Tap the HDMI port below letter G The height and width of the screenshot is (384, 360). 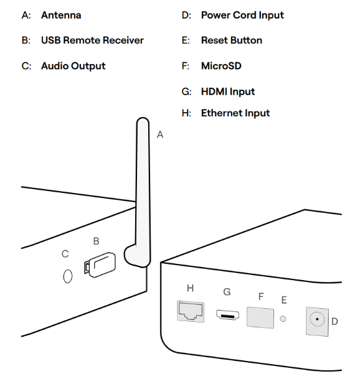227,315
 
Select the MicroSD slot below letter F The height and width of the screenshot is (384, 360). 260,317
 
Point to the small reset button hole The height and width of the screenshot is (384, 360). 285,319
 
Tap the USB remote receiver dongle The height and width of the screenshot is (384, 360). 99,264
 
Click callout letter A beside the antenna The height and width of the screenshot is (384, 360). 160,134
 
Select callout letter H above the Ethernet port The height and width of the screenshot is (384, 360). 190,288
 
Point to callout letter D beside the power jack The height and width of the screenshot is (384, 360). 334,322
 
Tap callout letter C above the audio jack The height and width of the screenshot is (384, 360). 65,254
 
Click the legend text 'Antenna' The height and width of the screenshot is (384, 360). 61,14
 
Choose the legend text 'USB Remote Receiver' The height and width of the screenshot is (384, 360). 92,40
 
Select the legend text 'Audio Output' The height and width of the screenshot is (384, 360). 73,66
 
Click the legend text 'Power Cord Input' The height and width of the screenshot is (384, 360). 242,14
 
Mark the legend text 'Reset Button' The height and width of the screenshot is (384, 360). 231,40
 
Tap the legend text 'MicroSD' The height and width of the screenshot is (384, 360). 221,66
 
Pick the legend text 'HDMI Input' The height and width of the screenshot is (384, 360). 227,91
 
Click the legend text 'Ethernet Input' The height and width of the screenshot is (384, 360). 235,113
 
